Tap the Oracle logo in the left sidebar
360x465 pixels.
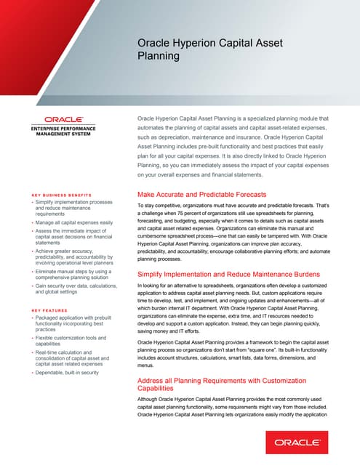(63, 119)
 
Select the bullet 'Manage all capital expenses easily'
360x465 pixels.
(75, 222)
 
